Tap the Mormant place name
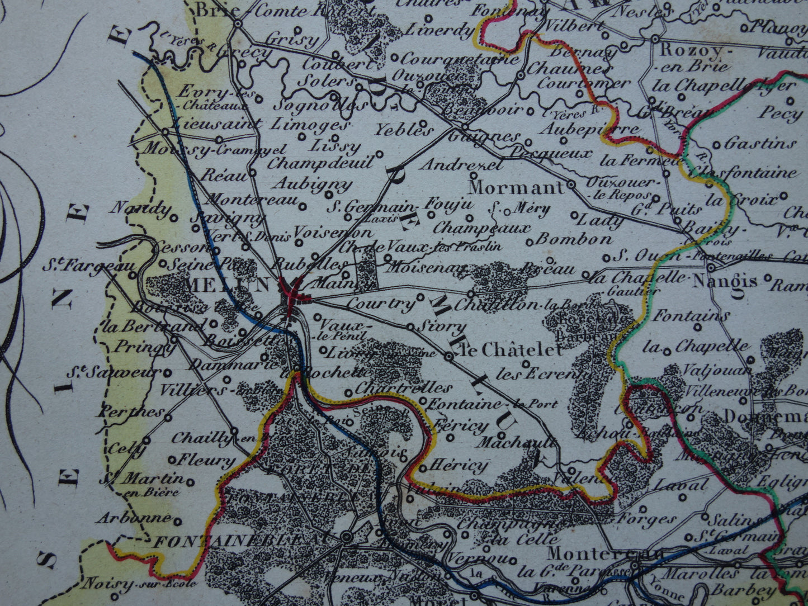[x=516, y=187]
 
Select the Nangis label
[x=725, y=281]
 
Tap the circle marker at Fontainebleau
[x=347, y=537]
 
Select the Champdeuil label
[x=320, y=163]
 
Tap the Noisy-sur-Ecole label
[x=140, y=584]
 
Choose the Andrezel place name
[x=461, y=164]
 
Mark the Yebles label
[x=404, y=130]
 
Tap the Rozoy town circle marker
[x=655, y=38]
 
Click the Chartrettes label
[x=403, y=387]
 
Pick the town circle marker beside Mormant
[x=571, y=184]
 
